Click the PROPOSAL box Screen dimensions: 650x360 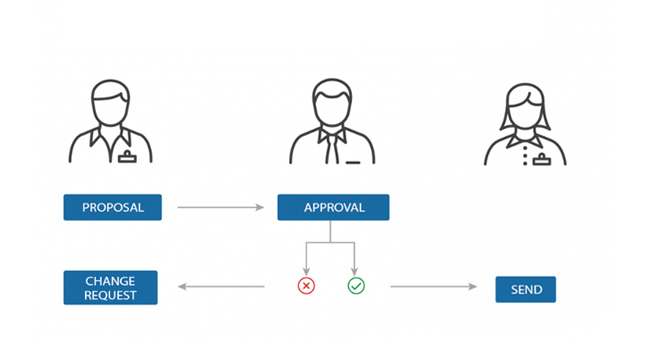click(x=112, y=207)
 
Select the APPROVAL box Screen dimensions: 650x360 click(x=333, y=207)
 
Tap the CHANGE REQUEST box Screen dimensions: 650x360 click(x=110, y=287)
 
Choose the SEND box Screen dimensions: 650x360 click(x=526, y=289)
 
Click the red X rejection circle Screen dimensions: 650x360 click(x=306, y=286)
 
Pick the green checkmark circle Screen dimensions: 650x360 click(x=356, y=286)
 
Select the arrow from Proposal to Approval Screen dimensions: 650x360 click(x=221, y=207)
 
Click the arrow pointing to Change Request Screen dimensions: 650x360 click(x=221, y=286)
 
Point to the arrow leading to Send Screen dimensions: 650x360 click(x=434, y=286)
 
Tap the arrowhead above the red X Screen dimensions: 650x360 click(x=306, y=272)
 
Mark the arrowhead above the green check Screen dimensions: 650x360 click(x=354, y=272)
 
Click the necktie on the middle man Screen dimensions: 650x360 click(x=332, y=148)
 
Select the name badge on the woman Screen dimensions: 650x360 click(x=542, y=160)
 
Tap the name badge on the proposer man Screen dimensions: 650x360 click(x=127, y=157)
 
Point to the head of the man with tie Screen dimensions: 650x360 click(x=332, y=102)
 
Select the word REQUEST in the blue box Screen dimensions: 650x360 click(x=110, y=295)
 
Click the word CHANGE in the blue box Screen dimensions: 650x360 click(x=110, y=281)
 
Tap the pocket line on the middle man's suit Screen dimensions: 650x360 click(x=353, y=162)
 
